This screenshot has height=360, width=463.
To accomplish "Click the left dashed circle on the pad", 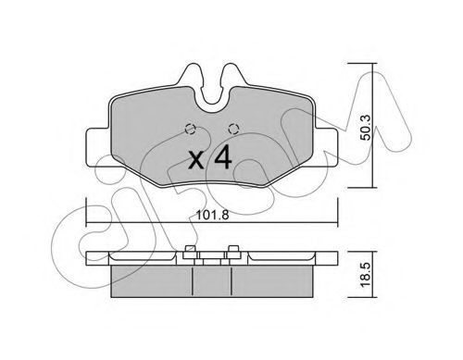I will point(190,129).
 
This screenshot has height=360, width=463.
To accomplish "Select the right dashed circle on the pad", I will point(232,129).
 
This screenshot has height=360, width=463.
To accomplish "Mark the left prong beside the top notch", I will point(194,78).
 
